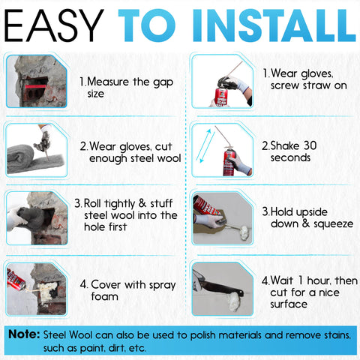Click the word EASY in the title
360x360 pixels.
point(54,25)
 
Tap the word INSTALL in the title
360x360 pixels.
point(274,25)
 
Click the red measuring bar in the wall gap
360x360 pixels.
point(35,86)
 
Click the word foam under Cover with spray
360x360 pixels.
point(104,296)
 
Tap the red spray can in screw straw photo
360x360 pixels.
point(221,97)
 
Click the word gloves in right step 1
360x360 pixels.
point(316,74)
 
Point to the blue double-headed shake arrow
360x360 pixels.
point(205,145)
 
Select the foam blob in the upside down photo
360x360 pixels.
point(243,232)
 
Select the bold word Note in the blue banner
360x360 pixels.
point(24,334)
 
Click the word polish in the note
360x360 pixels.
point(202,335)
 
